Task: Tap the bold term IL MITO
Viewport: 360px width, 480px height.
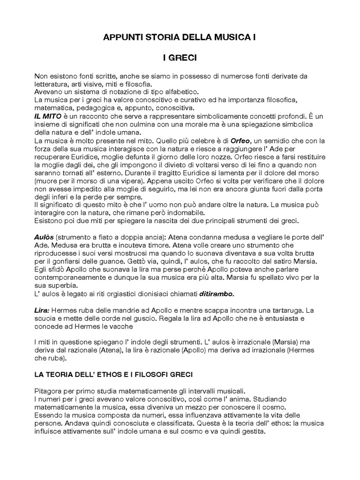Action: coord(47,115)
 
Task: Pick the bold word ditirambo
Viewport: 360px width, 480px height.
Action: coord(216,294)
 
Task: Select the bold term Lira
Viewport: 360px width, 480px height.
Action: coord(41,310)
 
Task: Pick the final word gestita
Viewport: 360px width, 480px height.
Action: coord(253,432)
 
